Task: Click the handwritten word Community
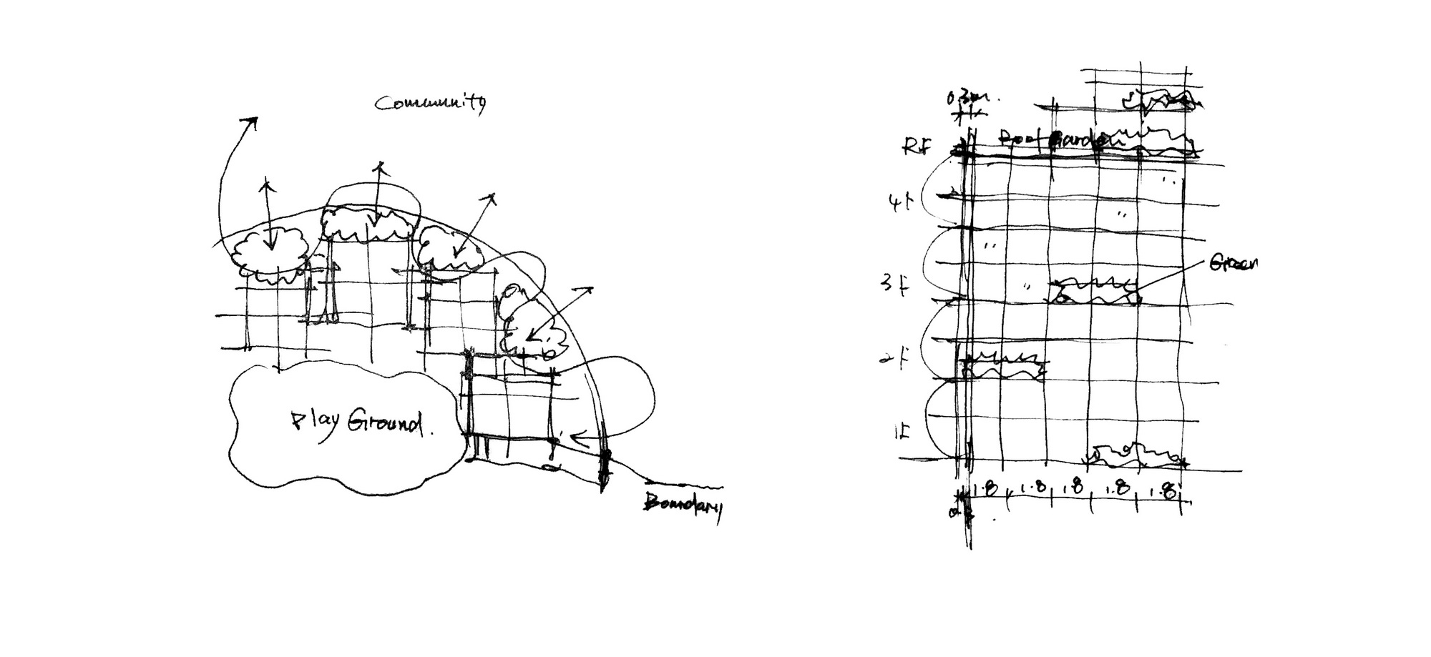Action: [x=430, y=104]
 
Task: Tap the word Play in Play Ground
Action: [x=314, y=423]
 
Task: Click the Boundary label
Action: [x=683, y=505]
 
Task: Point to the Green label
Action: [x=1234, y=263]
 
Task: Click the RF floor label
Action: [x=917, y=147]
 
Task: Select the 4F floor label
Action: [x=900, y=203]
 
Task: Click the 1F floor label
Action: [x=902, y=433]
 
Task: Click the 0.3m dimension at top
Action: [x=967, y=98]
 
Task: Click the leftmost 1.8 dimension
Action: [x=987, y=490]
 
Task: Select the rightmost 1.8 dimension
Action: [x=1164, y=490]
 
